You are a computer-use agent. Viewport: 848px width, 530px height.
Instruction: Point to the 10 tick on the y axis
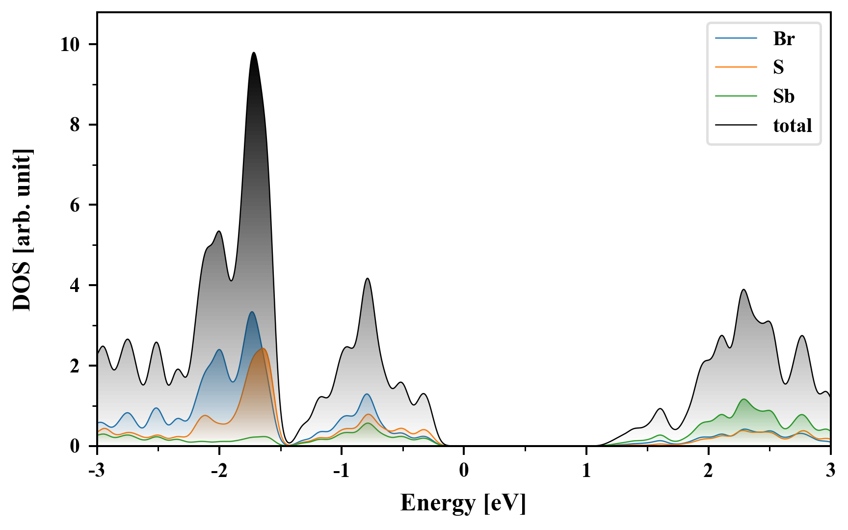coord(70,45)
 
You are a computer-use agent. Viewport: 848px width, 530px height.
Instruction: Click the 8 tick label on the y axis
coord(75,125)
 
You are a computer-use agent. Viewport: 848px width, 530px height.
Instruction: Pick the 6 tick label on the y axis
coord(75,205)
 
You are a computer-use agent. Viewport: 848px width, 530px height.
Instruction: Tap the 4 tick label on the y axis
coord(75,286)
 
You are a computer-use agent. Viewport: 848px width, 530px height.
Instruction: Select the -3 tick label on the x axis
coord(97,471)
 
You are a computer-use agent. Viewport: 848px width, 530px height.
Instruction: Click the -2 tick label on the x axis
coord(219,471)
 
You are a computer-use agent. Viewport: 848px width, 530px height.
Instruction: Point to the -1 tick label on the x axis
coord(341,471)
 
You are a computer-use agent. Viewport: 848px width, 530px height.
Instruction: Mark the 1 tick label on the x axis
coord(586,471)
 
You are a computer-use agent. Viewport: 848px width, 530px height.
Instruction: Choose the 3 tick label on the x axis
coord(830,471)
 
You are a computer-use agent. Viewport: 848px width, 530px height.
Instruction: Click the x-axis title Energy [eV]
coord(463,503)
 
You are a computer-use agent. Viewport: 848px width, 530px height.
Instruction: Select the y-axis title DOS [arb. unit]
coord(22,230)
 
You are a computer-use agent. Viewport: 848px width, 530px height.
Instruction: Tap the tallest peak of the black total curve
coord(254,53)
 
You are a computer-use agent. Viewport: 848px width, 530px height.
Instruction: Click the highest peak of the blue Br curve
coord(252,312)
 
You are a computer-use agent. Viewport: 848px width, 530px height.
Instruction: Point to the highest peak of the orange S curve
coord(264,348)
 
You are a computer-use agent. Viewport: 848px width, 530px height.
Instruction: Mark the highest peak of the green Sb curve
coord(744,399)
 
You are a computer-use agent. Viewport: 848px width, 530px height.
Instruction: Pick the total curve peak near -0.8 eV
coord(367,278)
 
